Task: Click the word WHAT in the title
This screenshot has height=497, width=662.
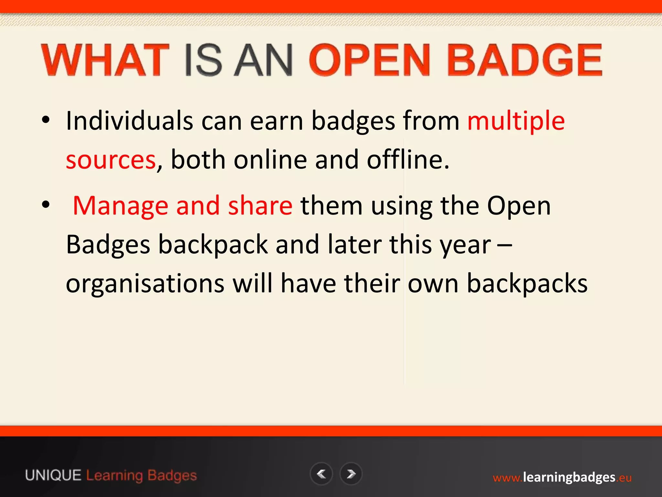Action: coord(105,61)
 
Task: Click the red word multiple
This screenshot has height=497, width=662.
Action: coord(516,121)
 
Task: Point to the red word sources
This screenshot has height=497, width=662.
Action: coord(111,160)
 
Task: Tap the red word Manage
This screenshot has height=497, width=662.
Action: coord(121,206)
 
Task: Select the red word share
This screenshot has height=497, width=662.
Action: coord(260,206)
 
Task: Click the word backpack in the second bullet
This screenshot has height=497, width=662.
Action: coord(213,245)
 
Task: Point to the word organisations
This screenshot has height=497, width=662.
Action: coord(145,283)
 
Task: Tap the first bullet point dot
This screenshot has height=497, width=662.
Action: coord(46,120)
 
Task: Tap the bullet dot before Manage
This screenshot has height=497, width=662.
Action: coord(46,204)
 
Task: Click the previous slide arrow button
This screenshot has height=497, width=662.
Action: coord(321,474)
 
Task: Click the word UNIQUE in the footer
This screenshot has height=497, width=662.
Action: coord(53,476)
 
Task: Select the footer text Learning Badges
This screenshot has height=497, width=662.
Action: coord(142,476)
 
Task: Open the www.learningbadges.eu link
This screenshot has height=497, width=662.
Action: coord(562,478)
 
